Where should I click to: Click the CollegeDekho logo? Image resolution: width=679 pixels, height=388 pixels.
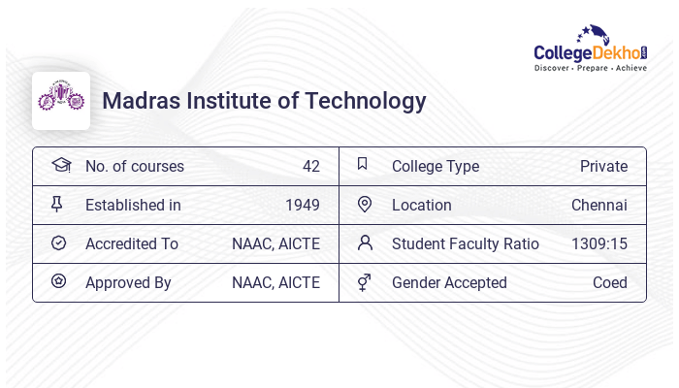tap(591, 48)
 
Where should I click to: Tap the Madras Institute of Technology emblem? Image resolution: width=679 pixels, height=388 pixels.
tap(61, 100)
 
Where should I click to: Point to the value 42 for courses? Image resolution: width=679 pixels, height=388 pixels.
tap(310, 166)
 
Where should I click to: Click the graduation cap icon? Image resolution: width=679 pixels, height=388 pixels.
tap(60, 165)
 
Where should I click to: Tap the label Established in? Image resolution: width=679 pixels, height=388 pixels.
tap(133, 205)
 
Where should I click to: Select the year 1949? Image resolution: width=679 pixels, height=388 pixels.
tap(302, 205)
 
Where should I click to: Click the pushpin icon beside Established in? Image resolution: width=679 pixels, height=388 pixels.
tap(58, 204)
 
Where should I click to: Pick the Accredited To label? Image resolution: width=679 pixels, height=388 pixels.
tap(132, 243)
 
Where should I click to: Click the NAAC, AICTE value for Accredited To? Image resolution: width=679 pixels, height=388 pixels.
tap(275, 243)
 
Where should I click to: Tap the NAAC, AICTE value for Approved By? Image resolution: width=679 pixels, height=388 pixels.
tap(275, 282)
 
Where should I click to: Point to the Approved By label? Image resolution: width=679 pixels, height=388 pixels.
tap(128, 282)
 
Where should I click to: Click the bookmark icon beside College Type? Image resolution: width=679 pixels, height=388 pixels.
tap(363, 165)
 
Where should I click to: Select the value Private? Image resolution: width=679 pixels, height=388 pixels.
tap(603, 166)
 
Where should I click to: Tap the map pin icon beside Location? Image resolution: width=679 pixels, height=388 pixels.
tap(365, 204)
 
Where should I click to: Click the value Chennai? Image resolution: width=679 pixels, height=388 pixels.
tap(599, 205)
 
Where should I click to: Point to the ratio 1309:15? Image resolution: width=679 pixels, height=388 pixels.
tap(599, 243)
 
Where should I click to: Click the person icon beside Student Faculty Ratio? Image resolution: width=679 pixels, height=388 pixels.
tap(365, 242)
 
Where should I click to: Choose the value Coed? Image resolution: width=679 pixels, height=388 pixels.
tap(610, 282)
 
